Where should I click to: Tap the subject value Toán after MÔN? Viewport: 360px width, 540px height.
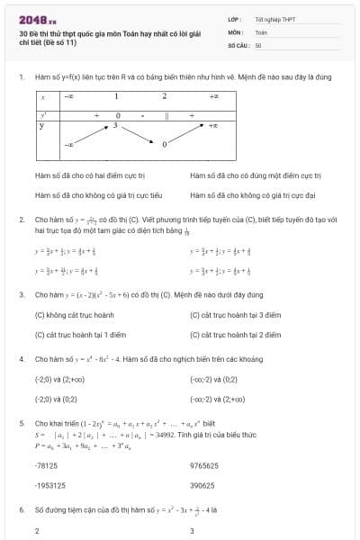(261, 31)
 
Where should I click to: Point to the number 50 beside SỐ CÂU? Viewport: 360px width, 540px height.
(258, 44)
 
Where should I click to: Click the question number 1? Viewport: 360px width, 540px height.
(21, 77)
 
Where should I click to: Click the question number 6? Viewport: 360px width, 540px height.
(21, 509)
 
